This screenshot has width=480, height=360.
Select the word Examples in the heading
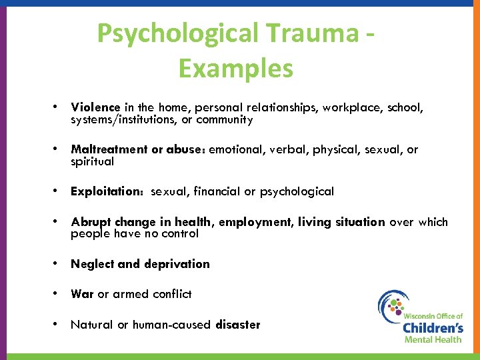tap(235, 68)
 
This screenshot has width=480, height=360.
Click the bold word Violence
tap(95, 107)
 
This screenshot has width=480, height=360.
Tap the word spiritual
tap(93, 162)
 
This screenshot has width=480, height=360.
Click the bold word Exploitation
tap(108, 192)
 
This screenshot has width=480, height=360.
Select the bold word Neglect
tap(92, 264)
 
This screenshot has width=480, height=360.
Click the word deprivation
tap(177, 264)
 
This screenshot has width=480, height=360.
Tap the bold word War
tap(83, 294)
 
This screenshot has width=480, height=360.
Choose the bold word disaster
tap(238, 325)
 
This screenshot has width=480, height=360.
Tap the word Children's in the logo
tap(433, 327)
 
